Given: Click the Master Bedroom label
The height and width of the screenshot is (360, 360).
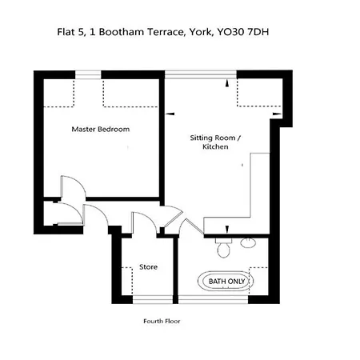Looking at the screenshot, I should [x=100, y=129].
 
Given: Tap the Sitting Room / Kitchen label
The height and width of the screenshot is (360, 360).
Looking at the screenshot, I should [x=215, y=142].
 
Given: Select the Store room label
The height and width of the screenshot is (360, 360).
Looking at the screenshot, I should [x=148, y=267].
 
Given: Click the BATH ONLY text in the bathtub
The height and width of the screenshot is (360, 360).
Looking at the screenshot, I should [x=228, y=282].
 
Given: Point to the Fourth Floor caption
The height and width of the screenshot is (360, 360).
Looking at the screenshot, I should [x=161, y=322].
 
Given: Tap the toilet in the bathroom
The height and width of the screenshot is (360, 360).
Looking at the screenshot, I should [x=225, y=249].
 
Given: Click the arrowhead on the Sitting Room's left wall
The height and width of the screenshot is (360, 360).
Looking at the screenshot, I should [x=170, y=114].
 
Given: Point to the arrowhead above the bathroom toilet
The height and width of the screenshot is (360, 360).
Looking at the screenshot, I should [x=227, y=225].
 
